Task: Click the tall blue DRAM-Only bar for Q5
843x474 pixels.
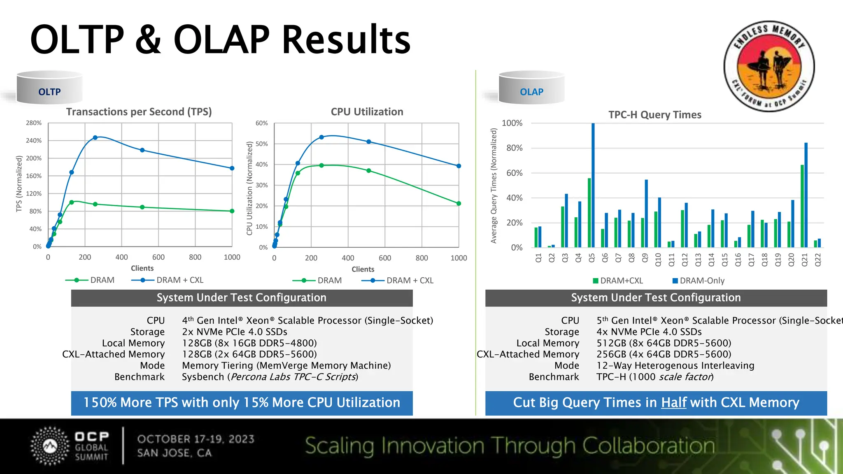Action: click(593, 185)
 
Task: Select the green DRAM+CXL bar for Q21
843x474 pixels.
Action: click(802, 206)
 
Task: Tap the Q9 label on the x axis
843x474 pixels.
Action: click(645, 258)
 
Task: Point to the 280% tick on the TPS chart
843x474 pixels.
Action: click(34, 123)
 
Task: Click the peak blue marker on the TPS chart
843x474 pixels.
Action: click(95, 137)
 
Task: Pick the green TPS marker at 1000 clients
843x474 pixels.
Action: click(232, 211)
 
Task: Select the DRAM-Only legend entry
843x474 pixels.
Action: click(698, 281)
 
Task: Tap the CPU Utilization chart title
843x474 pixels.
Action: click(367, 112)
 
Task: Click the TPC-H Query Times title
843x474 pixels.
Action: click(654, 115)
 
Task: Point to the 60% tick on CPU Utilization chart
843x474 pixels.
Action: click(261, 123)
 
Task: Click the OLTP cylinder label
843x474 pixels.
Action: click(49, 92)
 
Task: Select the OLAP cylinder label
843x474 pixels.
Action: click(531, 92)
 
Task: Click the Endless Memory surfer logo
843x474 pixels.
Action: click(769, 66)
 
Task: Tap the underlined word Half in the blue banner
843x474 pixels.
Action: click(674, 402)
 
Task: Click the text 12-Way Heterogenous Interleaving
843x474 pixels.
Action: click(675, 365)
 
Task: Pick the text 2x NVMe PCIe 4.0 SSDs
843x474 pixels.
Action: click(235, 332)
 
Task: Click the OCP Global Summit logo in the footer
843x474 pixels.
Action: click(70, 446)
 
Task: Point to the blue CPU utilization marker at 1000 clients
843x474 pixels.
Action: click(459, 166)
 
